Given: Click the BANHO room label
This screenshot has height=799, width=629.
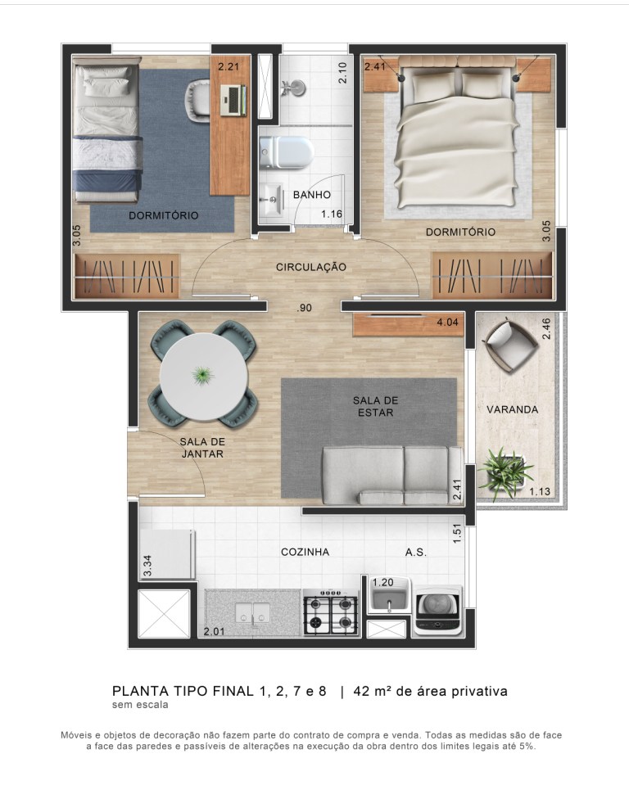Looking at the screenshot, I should (x=312, y=195).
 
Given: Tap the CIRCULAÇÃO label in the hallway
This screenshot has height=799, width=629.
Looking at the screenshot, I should (x=311, y=267).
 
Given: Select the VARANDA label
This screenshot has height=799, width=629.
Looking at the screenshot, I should (x=512, y=409).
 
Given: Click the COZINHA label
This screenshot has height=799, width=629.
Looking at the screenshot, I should (x=305, y=552).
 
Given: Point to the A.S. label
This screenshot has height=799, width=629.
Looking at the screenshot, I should (x=415, y=552).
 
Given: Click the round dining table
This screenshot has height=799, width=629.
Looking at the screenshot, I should (x=203, y=376).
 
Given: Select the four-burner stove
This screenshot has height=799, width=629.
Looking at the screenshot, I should (x=332, y=613).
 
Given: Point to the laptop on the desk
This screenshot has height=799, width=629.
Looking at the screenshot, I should (x=233, y=100).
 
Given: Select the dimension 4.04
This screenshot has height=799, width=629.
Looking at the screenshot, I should (x=448, y=323).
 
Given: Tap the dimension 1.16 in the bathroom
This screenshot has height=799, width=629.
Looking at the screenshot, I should (x=331, y=214).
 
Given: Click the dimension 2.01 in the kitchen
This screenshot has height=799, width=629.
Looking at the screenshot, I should (x=214, y=631).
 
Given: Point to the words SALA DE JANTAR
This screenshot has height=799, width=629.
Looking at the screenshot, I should (x=201, y=447).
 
